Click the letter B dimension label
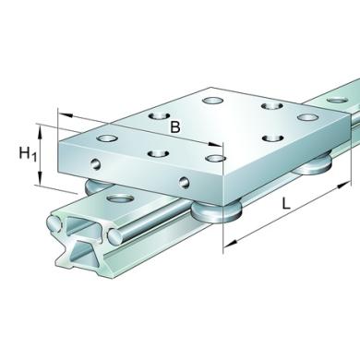[175, 127]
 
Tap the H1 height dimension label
[28, 153]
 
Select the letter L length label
[286, 203]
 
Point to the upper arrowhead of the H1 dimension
[40, 131]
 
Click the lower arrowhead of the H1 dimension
[40, 178]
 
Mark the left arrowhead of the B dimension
[66, 115]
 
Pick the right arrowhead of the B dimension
[214, 145]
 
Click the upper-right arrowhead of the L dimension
[344, 185]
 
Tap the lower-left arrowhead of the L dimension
[231, 243]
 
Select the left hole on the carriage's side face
[97, 163]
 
